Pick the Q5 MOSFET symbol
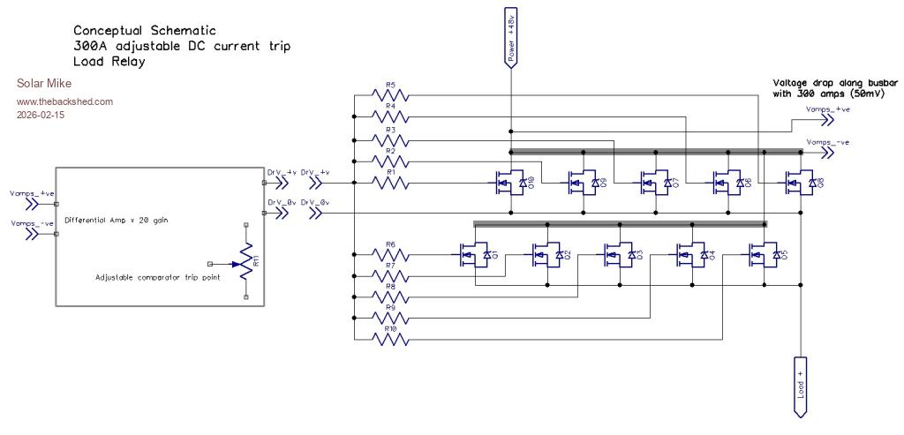[x=762, y=256]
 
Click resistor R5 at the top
[x=390, y=93]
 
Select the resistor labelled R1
[x=390, y=183]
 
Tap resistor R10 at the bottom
[x=390, y=339]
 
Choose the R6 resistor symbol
[x=390, y=256]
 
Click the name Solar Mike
[x=41, y=84]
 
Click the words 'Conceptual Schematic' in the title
[x=139, y=29]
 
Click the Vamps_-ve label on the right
[x=827, y=142]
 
